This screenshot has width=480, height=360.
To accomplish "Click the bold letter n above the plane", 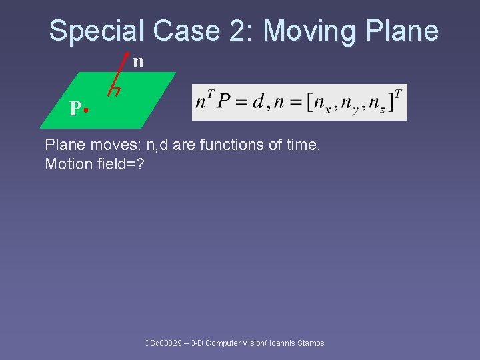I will click(x=138, y=62).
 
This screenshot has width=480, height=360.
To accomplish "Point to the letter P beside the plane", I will click(x=75, y=109).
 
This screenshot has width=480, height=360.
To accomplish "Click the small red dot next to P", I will click(x=87, y=108).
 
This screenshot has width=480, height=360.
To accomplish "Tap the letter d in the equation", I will click(x=257, y=102).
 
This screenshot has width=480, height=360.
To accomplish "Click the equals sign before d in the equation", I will click(x=241, y=103).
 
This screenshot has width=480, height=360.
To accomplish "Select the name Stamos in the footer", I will click(x=311, y=343).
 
